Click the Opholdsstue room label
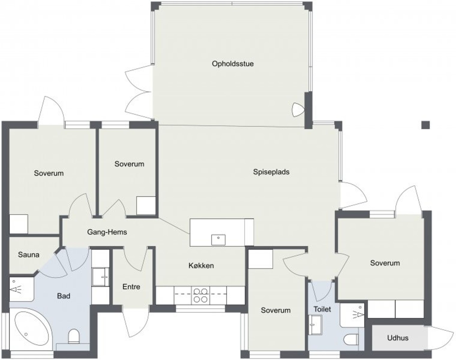click(x=233, y=64)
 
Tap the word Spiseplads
click(x=271, y=172)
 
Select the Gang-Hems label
click(x=107, y=232)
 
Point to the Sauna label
click(x=29, y=254)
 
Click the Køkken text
click(x=201, y=265)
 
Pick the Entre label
click(x=131, y=287)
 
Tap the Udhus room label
click(x=398, y=338)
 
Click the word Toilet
click(x=322, y=309)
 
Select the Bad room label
click(x=64, y=296)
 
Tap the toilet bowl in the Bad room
click(x=74, y=336)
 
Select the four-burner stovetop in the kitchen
click(x=200, y=295)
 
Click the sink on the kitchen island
click(x=218, y=240)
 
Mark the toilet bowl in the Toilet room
click(x=351, y=340)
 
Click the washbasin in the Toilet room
click(x=315, y=325)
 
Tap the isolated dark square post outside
click(x=425, y=125)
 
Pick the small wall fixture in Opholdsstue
click(x=298, y=110)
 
